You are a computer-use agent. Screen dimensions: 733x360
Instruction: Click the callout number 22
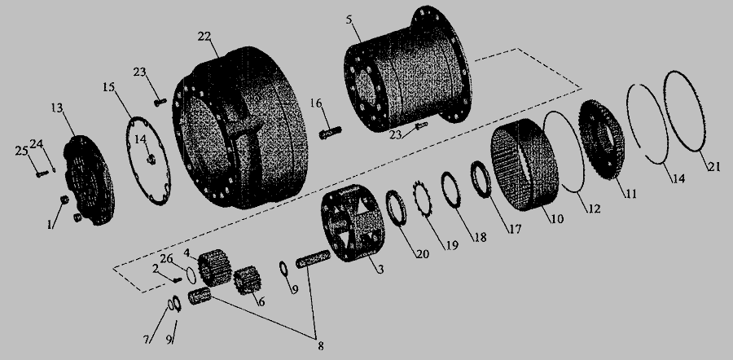click(204, 37)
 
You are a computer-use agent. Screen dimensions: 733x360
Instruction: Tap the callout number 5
click(349, 20)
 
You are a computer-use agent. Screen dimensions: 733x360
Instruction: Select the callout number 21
click(713, 166)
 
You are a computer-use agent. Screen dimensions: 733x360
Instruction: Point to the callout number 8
click(320, 346)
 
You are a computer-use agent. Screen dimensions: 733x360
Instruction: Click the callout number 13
click(57, 108)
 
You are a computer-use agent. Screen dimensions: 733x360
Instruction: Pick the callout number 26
click(166, 258)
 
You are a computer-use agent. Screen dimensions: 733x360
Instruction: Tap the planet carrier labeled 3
click(353, 222)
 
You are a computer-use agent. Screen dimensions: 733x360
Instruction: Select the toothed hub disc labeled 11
click(601, 139)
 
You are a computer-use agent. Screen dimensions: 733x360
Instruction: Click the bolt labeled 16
click(330, 132)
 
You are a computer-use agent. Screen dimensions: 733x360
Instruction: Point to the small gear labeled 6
click(248, 280)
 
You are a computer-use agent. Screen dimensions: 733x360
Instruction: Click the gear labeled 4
click(214, 267)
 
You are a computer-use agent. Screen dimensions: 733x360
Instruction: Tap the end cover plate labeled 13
click(89, 180)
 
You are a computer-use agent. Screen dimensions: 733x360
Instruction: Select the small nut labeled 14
click(151, 160)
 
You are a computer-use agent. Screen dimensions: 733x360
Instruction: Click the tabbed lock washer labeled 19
click(422, 200)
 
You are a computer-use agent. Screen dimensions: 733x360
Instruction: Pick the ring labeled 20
click(396, 208)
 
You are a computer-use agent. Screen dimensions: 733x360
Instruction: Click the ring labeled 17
click(481, 179)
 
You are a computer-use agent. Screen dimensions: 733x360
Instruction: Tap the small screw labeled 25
click(42, 174)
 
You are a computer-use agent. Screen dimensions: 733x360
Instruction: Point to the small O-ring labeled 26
click(191, 275)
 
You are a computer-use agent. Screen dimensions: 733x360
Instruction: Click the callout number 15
click(108, 87)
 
